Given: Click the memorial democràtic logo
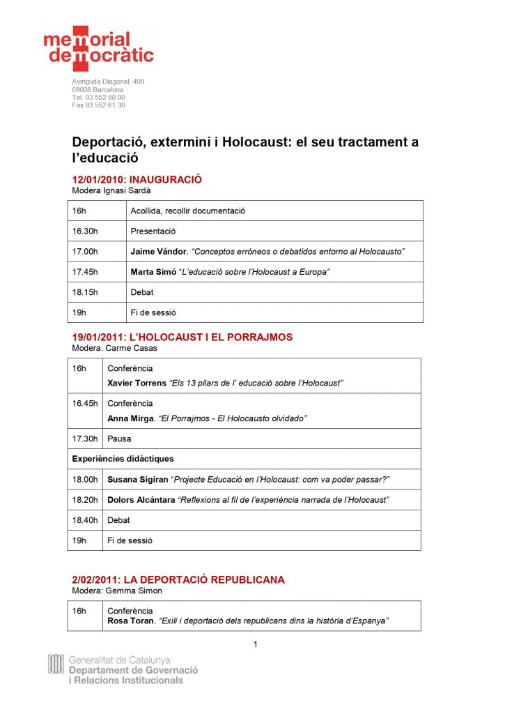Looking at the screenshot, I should click(x=98, y=48).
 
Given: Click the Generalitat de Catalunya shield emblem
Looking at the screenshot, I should click(x=56, y=664).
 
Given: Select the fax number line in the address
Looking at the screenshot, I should click(x=98, y=105).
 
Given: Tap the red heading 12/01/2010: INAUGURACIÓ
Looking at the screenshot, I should click(x=137, y=179).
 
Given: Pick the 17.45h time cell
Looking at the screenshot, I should click(x=85, y=271).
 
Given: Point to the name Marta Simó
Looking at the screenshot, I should click(x=153, y=271).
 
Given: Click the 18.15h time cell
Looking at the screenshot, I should click(x=85, y=292).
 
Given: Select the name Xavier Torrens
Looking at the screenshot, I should click(x=137, y=383).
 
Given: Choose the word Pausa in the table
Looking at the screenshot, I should click(x=118, y=439).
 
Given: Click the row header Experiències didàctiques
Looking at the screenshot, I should click(x=123, y=459).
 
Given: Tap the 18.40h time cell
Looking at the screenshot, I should click(x=85, y=520).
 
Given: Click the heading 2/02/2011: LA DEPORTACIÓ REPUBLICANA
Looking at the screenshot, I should click(x=178, y=580).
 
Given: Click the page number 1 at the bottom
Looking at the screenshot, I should click(x=255, y=644).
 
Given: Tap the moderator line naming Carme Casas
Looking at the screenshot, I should click(x=114, y=348).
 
